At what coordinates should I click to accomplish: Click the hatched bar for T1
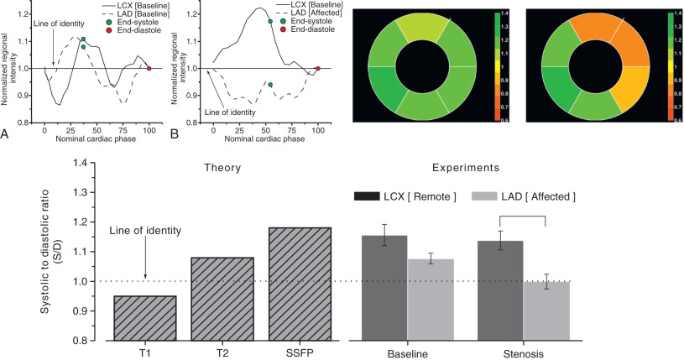click(x=145, y=318)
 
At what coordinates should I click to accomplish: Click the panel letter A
click(x=7, y=133)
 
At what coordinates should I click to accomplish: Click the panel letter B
click(x=175, y=133)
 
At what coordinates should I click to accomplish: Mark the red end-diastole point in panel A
click(x=149, y=68)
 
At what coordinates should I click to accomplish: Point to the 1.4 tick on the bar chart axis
click(x=83, y=162)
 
